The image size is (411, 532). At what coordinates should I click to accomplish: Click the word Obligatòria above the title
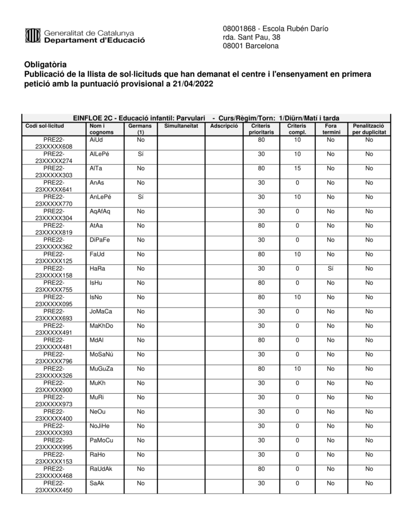pyautogui.click(x=45, y=65)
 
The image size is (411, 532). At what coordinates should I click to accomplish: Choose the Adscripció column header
pyautogui.click(x=224, y=126)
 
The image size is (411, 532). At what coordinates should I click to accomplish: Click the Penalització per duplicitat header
pyautogui.click(x=369, y=129)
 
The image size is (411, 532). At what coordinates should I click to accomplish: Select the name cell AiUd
pyautogui.click(x=96, y=140)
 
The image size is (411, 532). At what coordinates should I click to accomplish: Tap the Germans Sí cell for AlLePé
pyautogui.click(x=140, y=154)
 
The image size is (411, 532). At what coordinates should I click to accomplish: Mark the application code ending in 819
pyautogui.click(x=54, y=229)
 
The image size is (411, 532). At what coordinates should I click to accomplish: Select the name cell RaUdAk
pyautogui.click(x=101, y=469)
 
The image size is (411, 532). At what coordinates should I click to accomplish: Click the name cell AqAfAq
pyautogui.click(x=100, y=211)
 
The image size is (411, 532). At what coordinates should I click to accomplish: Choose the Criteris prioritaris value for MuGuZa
pyautogui.click(x=261, y=369)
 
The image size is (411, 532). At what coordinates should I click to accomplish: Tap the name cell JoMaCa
pyautogui.click(x=101, y=312)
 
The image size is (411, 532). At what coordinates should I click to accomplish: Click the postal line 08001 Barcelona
pyautogui.click(x=250, y=46)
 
